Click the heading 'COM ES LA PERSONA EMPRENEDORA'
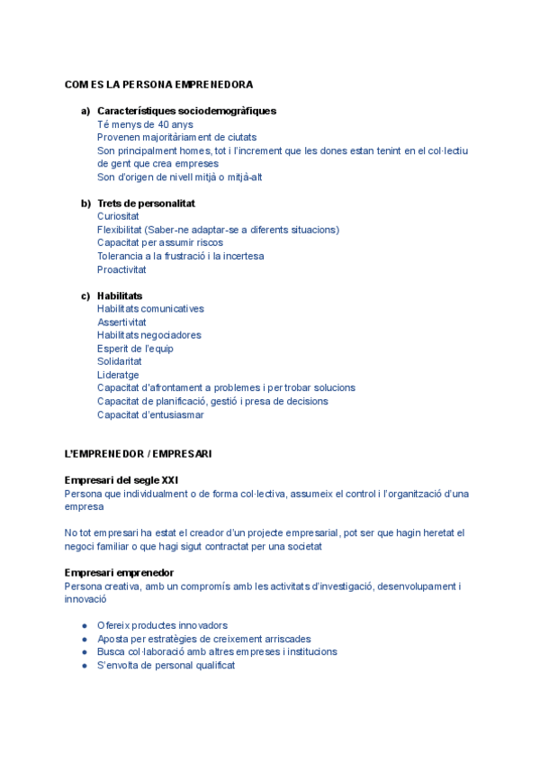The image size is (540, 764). [158, 85]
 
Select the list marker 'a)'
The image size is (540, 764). [85, 111]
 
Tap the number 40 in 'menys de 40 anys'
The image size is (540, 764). [163, 124]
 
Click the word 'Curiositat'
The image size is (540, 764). [118, 216]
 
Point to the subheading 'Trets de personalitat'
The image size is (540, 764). [146, 204]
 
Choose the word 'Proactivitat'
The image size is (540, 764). [121, 269]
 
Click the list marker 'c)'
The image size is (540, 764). [85, 296]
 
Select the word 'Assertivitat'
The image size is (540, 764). [121, 322]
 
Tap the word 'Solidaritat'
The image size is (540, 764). [119, 361]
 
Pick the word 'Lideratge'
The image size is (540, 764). [118, 375]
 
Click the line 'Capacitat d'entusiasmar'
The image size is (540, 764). [150, 414]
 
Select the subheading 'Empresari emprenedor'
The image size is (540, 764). [119, 572]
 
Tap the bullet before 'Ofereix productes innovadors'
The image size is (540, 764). [85, 625]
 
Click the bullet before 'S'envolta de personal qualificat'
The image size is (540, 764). [85, 665]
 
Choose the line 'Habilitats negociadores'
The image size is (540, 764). [148, 335]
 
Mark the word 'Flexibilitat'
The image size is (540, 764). [119, 230]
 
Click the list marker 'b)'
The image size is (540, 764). [85, 204]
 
